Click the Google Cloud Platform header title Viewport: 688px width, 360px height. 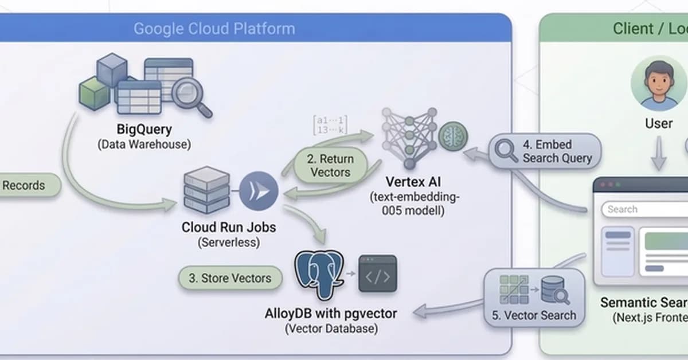[x=214, y=29]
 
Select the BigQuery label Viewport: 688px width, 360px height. [x=144, y=130]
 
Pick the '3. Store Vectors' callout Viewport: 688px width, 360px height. [x=230, y=278]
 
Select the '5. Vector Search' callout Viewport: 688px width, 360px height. [x=534, y=298]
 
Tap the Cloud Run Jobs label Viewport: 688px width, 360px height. [x=229, y=227]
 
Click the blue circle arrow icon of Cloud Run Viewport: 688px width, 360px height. [x=258, y=191]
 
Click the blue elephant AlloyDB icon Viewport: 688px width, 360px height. [x=318, y=276]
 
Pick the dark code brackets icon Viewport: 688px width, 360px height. [x=377, y=276]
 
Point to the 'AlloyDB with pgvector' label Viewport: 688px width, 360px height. [x=331, y=314]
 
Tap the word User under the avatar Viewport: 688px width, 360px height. [x=659, y=123]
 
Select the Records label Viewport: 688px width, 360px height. [x=24, y=185]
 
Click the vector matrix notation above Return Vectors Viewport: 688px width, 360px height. [x=330, y=126]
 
